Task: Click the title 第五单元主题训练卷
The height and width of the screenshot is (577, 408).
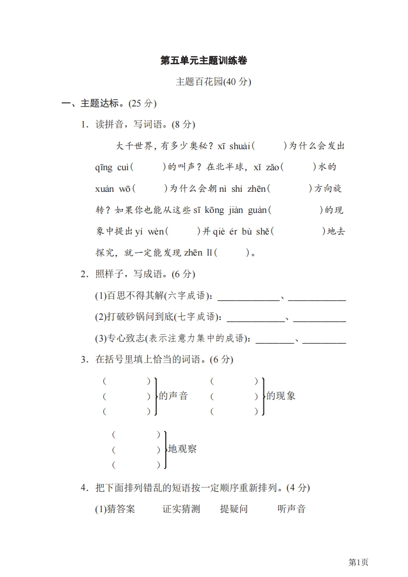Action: point(204,61)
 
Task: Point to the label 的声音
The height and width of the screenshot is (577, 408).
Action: point(173,396)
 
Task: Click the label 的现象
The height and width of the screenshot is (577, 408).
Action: point(281,396)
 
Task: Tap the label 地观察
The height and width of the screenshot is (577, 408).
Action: point(183,449)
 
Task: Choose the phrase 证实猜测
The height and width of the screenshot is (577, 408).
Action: point(181,509)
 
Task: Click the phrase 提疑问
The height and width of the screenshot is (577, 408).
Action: point(234,509)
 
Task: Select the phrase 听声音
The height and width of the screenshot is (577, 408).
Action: point(291,509)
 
